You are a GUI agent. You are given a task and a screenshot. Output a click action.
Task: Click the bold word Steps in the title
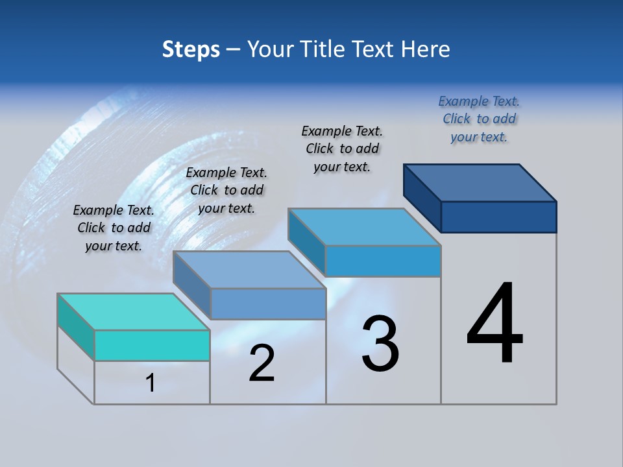coord(191,49)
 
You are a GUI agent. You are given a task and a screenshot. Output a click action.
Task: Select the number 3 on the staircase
coord(380,344)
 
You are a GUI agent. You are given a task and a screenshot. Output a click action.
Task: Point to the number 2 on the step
coord(262,363)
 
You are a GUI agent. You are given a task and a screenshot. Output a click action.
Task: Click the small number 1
coord(151,383)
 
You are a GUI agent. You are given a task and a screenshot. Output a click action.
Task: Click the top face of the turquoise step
coord(133,312)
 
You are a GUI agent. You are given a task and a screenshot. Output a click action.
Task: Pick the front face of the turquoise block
coord(152,345)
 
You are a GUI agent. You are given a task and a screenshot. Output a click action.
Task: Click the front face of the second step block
coord(268,304)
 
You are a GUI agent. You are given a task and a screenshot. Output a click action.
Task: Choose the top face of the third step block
coord(364,227)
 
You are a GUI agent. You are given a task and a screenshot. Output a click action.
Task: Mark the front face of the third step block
coord(383,261)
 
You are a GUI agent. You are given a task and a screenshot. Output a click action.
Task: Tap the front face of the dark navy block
coord(498,217)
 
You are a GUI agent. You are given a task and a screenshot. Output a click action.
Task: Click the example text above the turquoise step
coord(114,228)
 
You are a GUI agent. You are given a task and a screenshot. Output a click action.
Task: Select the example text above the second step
coord(226,190)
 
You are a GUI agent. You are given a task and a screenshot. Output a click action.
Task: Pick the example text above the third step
coord(342,149)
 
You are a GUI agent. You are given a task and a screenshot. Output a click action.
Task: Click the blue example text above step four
coord(479,119)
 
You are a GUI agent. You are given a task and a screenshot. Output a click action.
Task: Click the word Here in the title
coord(430,49)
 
